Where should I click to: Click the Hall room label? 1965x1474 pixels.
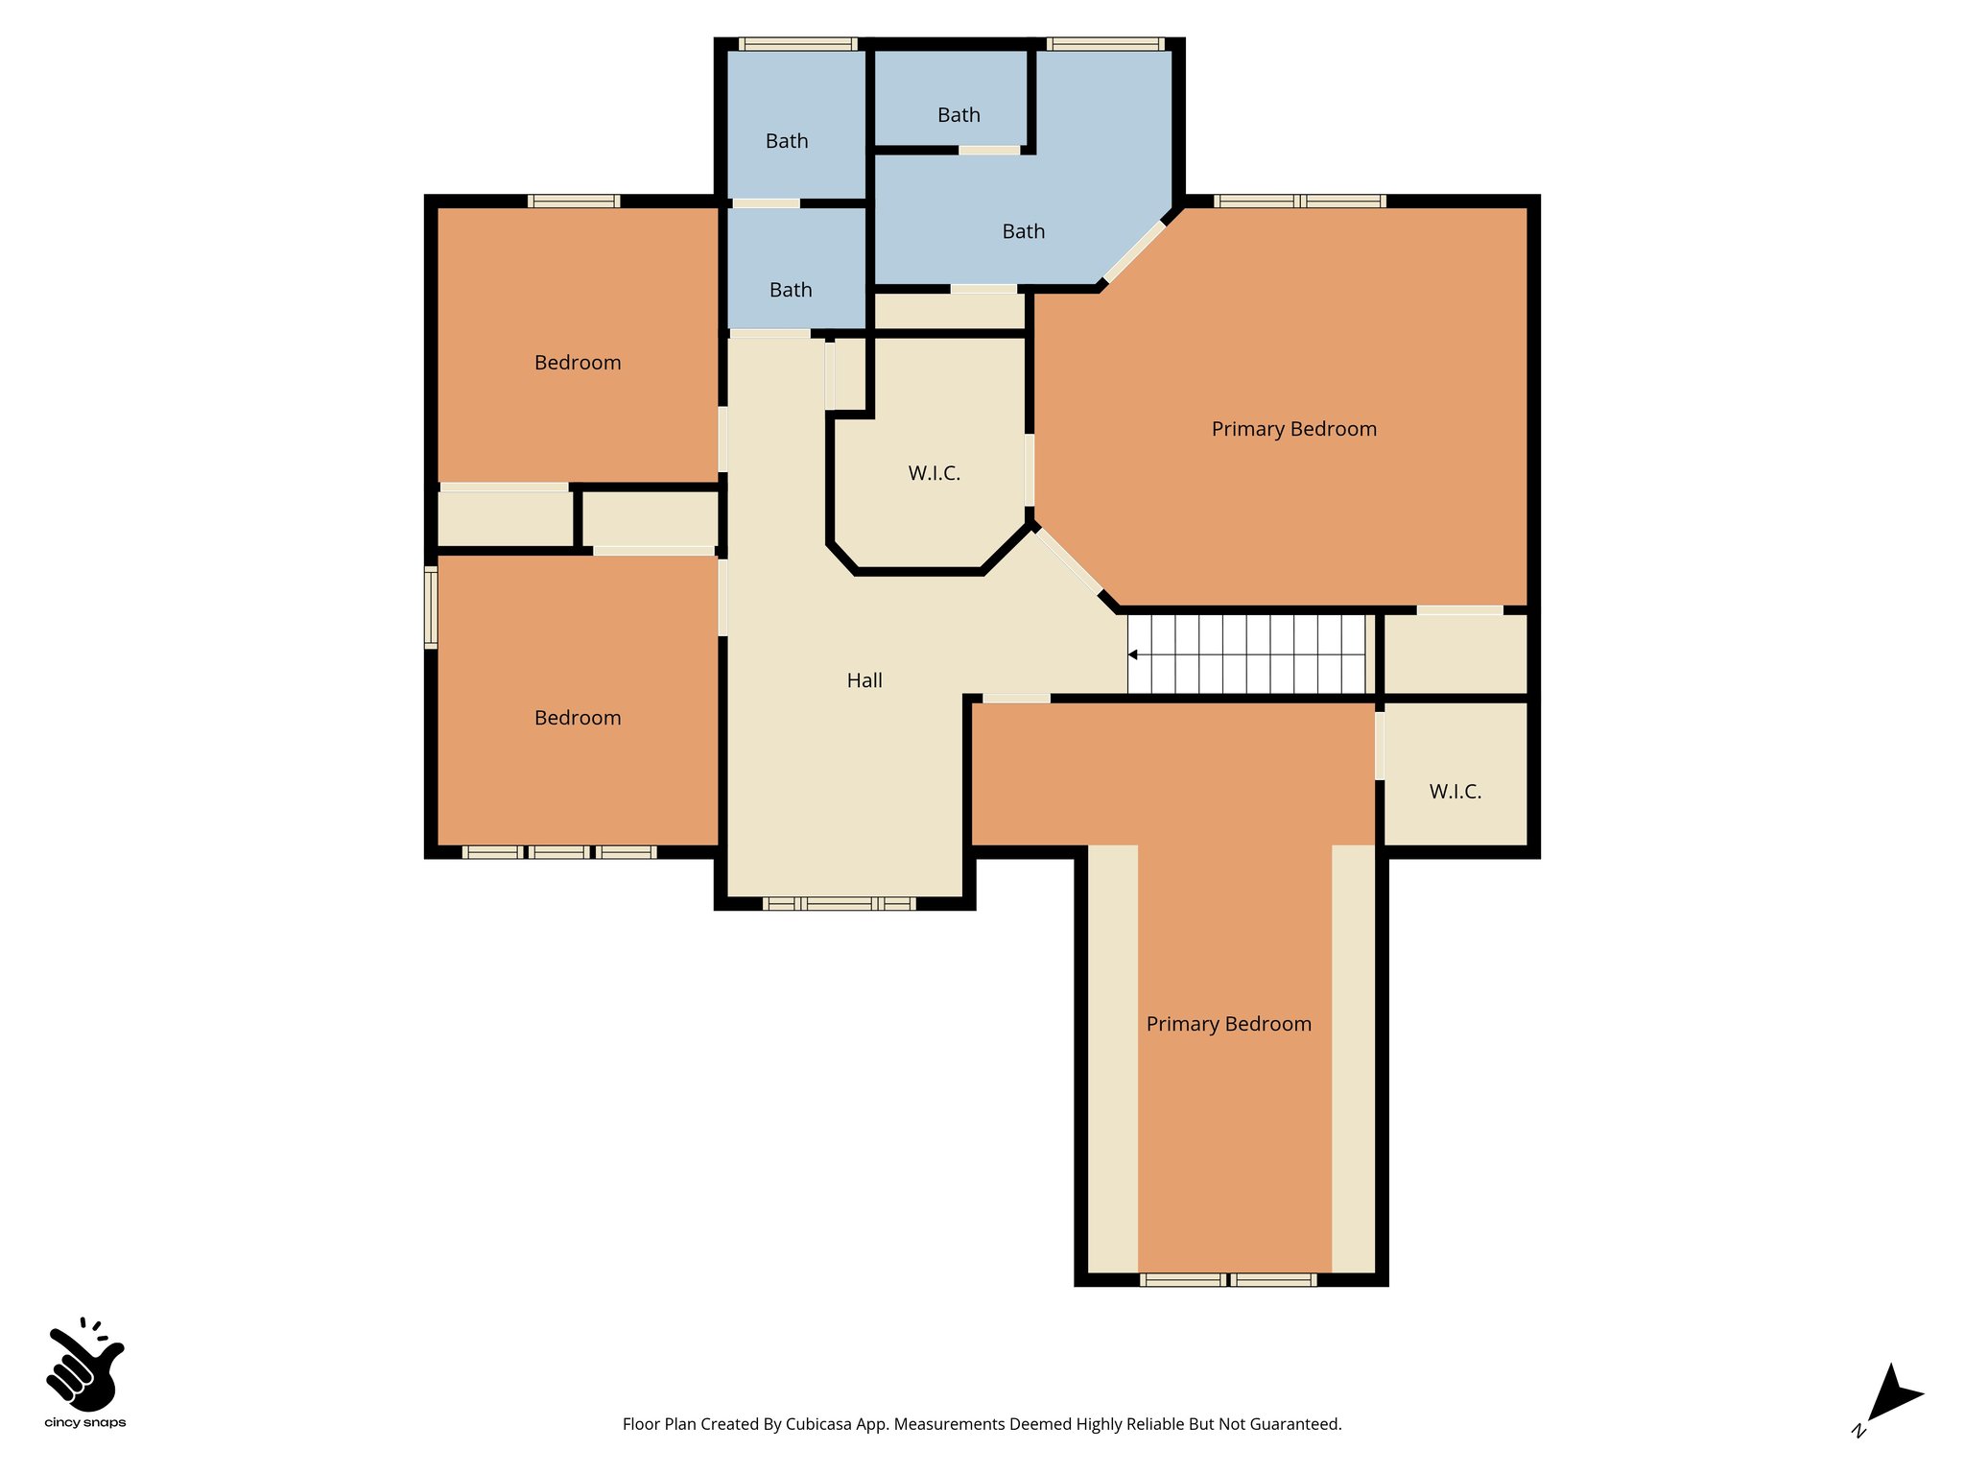(864, 680)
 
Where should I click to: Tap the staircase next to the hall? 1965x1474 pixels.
(1247, 654)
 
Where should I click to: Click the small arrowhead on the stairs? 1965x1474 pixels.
(1133, 654)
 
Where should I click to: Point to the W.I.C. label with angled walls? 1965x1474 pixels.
(934, 473)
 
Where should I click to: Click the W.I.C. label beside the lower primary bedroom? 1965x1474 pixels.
(1455, 792)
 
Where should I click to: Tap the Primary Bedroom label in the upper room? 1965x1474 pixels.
(1293, 429)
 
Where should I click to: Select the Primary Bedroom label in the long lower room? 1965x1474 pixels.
(1228, 1024)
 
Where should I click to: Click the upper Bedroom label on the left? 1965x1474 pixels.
(578, 363)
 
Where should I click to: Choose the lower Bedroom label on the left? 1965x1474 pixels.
(578, 718)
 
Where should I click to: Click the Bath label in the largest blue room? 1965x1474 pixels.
(1023, 231)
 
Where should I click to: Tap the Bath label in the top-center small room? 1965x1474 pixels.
(959, 115)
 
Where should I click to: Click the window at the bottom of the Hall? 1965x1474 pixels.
(840, 903)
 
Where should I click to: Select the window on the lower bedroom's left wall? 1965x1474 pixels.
(431, 606)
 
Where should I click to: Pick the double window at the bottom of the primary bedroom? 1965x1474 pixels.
(1228, 1279)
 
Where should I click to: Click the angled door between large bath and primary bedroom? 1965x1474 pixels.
(1134, 252)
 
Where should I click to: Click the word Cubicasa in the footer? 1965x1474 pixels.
(819, 1424)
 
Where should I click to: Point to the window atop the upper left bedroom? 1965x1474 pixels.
(574, 201)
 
